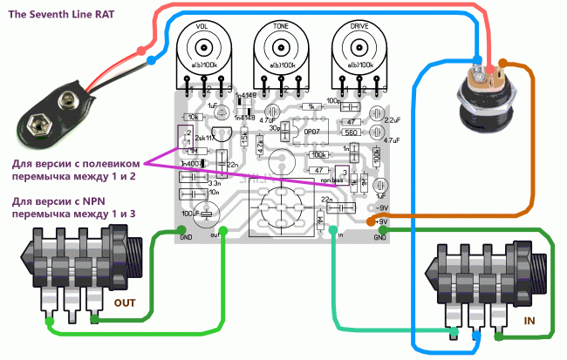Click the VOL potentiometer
pyautogui.click(x=203, y=51)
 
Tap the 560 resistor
pyautogui.click(x=352, y=132)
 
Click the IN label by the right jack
pyautogui.click(x=529, y=323)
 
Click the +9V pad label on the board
pyautogui.click(x=381, y=222)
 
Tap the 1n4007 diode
pyautogui.click(x=189, y=164)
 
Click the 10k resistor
pyautogui.click(x=195, y=116)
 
